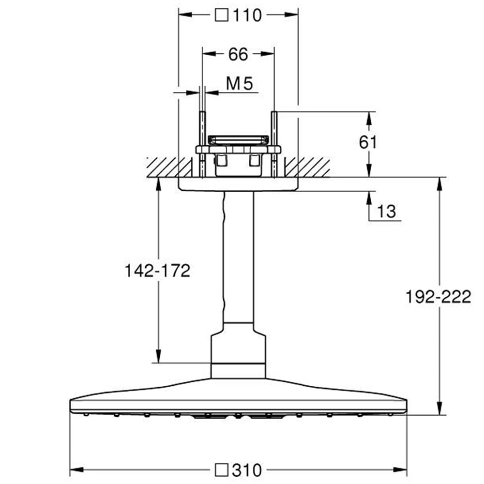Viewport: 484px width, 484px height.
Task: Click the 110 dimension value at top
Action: click(x=247, y=15)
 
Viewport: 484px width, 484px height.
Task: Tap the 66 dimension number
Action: click(x=238, y=54)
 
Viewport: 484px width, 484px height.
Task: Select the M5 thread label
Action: click(x=240, y=83)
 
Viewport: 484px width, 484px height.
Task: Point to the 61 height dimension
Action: click(x=368, y=142)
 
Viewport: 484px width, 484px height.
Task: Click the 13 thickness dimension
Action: click(x=386, y=212)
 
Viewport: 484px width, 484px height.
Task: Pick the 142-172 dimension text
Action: click(x=157, y=271)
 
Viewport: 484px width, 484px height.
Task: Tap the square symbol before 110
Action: click(x=221, y=15)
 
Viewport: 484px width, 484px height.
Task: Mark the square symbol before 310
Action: click(x=221, y=470)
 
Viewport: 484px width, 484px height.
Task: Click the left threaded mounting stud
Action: click(x=202, y=144)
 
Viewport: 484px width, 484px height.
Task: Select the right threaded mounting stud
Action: click(x=274, y=144)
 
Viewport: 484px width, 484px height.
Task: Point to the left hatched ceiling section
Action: click(x=169, y=167)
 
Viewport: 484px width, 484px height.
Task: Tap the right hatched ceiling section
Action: click(x=307, y=167)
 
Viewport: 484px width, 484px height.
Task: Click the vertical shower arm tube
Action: click(x=238, y=257)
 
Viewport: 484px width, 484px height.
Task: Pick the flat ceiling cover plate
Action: click(x=238, y=184)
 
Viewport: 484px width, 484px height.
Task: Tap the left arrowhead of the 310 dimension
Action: click(x=77, y=470)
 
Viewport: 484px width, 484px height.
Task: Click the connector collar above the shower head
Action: click(x=238, y=350)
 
